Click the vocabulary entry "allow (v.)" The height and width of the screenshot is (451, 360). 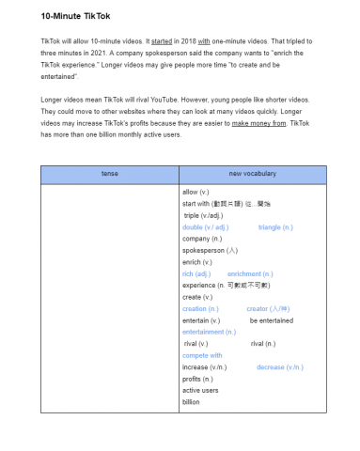tap(197, 192)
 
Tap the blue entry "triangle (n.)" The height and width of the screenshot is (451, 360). tap(275, 227)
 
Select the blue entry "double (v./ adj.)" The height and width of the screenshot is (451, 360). tap(205, 227)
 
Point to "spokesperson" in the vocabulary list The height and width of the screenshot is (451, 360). tap(205, 251)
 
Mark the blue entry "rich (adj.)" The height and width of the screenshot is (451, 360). tap(196, 274)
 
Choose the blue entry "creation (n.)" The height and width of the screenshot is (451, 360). tap(200, 309)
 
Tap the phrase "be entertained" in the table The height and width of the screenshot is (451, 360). tap(271, 320)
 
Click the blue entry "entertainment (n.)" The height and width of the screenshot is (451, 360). tap(209, 333)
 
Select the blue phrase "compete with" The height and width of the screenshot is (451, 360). tap(202, 356)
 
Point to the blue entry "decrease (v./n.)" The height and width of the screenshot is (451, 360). tap(280, 367)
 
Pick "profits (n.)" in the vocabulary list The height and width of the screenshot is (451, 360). tap(197, 380)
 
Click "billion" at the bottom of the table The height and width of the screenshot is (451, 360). tap(191, 402)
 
